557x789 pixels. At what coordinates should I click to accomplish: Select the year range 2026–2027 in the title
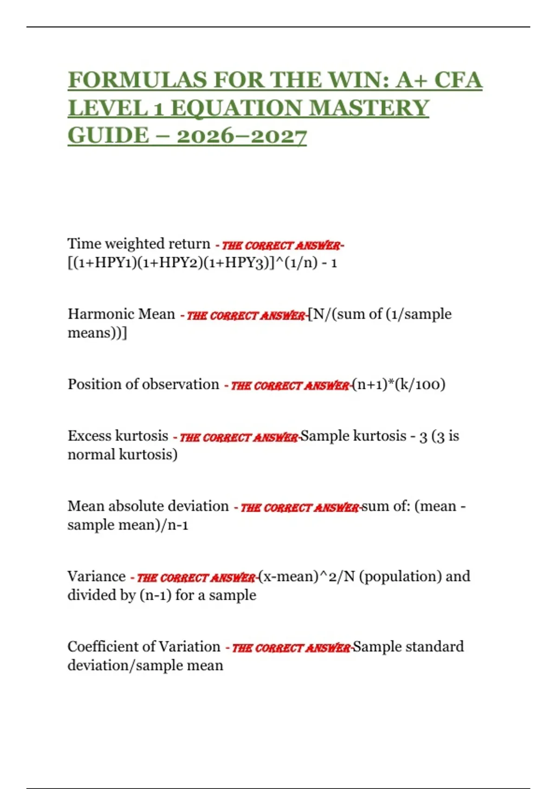point(241,136)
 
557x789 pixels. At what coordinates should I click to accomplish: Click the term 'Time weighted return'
point(139,244)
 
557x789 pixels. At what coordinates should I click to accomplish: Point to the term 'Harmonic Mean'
point(121,314)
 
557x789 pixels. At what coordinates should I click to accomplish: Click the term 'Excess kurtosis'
point(118,436)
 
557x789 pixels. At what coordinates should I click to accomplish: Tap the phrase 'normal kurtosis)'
point(123,454)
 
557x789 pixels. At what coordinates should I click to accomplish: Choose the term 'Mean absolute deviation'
point(148,506)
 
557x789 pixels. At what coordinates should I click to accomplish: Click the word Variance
point(97,576)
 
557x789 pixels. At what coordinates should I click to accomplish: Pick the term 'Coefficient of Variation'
point(144,647)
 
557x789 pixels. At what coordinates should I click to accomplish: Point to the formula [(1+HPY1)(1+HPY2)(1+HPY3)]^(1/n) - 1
point(202,263)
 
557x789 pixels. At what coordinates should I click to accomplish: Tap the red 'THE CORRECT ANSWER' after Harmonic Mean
point(246,316)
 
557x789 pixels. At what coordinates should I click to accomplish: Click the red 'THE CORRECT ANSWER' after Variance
point(196,578)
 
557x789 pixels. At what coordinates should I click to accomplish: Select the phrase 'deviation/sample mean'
point(145,666)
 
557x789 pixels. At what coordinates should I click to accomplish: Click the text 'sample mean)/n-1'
point(128,525)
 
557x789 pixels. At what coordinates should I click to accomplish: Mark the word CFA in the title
point(458,80)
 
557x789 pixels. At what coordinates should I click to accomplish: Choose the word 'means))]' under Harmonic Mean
point(97,333)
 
